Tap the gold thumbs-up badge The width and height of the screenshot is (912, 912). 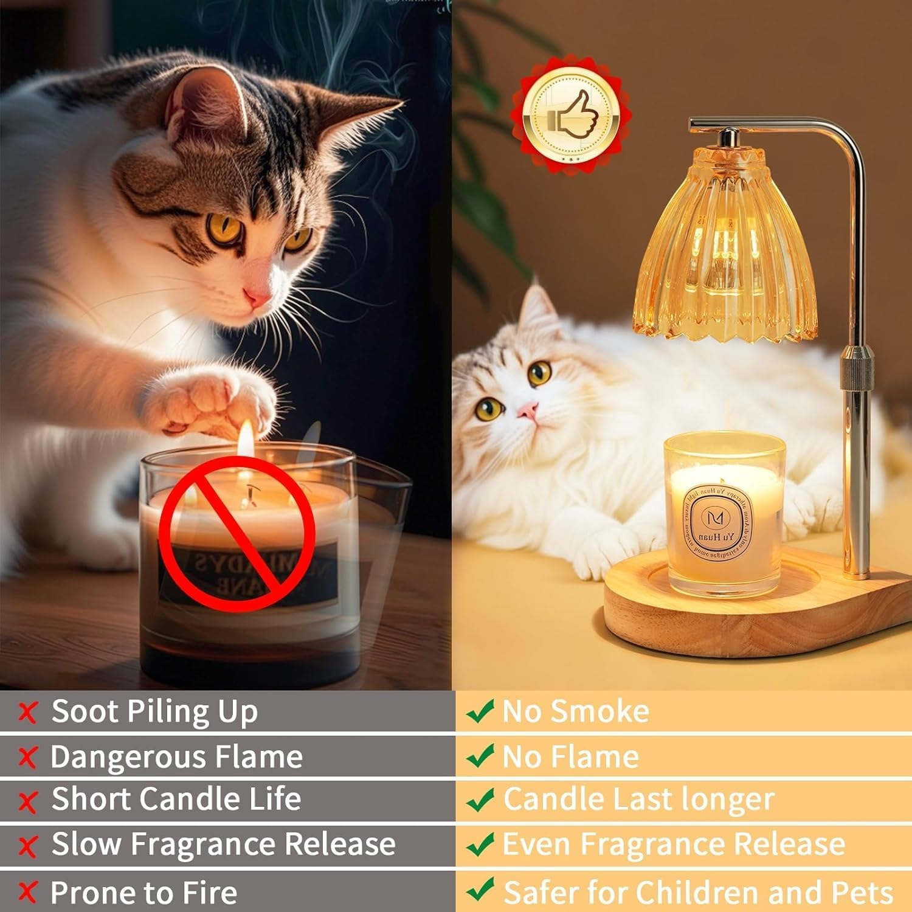click(570, 114)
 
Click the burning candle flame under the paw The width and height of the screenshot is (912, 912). click(246, 438)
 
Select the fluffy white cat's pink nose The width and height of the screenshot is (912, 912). click(528, 411)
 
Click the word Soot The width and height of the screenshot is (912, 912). click(86, 711)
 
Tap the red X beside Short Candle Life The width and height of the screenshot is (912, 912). click(27, 802)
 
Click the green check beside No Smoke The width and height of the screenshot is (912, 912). click(480, 711)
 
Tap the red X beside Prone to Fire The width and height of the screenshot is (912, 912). click(27, 892)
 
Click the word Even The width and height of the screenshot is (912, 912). click(536, 844)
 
